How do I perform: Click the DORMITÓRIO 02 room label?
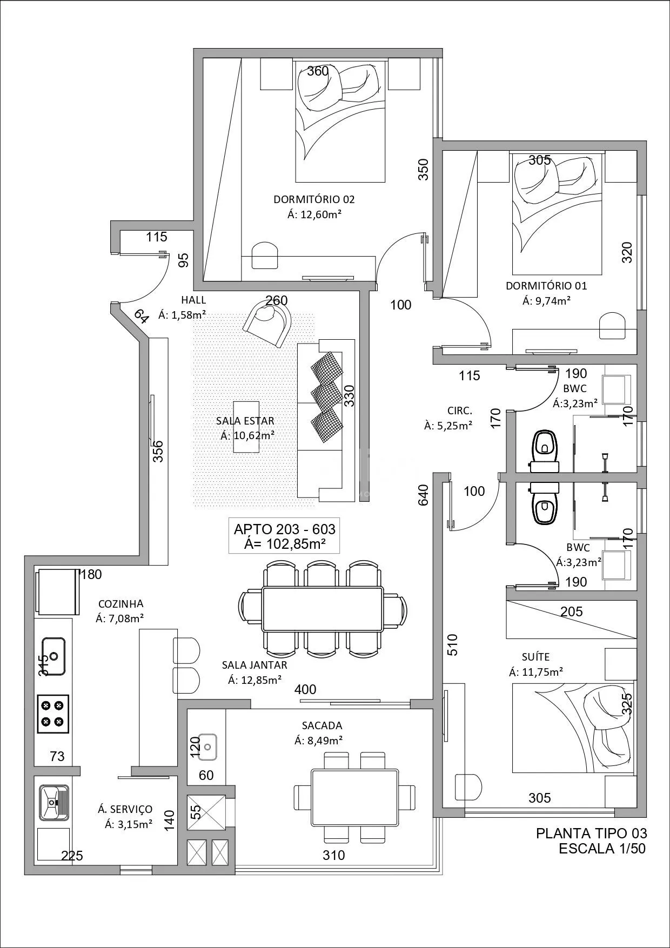click(314, 199)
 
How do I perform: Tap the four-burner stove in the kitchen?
click(53, 713)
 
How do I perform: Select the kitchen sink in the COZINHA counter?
click(53, 656)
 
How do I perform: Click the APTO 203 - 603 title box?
click(284, 536)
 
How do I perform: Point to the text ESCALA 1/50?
click(602, 848)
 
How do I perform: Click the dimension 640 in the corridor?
click(423, 495)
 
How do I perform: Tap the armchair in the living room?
click(267, 324)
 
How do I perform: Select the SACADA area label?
click(322, 725)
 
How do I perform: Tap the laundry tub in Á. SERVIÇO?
click(53, 803)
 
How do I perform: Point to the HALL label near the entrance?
click(193, 300)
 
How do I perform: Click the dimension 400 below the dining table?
click(305, 689)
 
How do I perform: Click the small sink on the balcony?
click(207, 745)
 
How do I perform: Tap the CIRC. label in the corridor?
click(460, 411)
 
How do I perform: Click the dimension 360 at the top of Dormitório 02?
click(318, 71)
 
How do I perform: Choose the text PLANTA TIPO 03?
click(591, 833)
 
